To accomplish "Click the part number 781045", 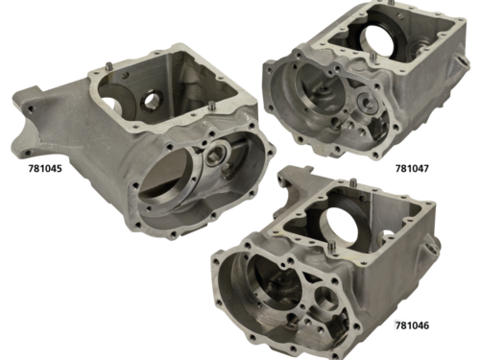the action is click(45, 168).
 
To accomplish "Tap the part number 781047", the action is click(412, 168).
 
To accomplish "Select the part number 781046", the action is click(412, 325).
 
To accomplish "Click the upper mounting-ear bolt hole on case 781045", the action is click(31, 108).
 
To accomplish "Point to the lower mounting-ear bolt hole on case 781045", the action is click(28, 153).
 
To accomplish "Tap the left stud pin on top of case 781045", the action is click(109, 65).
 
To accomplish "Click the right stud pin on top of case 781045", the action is click(211, 106).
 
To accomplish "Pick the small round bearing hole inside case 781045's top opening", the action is click(149, 100).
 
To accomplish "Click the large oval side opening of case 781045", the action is click(162, 180).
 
